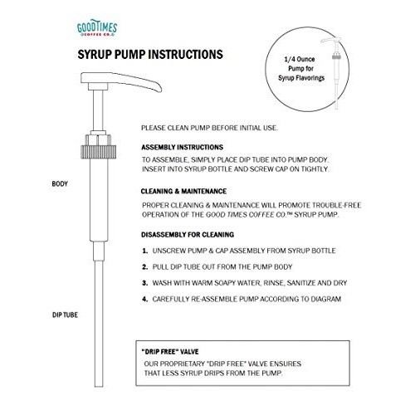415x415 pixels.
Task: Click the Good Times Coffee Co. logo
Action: click(x=97, y=28)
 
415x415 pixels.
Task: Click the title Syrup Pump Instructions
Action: click(x=150, y=54)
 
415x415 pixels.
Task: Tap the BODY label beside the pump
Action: click(x=60, y=183)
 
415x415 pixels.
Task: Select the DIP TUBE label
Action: click(x=65, y=315)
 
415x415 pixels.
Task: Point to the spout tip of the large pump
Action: click(x=159, y=89)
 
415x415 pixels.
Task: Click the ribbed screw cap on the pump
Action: click(x=98, y=152)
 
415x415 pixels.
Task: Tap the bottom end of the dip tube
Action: click(x=99, y=386)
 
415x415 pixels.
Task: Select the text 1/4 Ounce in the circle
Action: click(x=300, y=59)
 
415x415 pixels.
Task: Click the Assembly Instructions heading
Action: click(x=182, y=147)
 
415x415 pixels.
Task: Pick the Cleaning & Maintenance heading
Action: click(x=183, y=191)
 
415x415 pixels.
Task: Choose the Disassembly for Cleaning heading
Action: click(x=188, y=235)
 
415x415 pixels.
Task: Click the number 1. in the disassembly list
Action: click(x=145, y=251)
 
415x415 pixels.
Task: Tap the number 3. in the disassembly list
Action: click(x=145, y=283)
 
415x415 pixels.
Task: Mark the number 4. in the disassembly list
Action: click(x=145, y=299)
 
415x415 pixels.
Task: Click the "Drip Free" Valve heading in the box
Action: click(x=170, y=352)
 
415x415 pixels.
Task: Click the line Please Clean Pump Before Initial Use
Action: click(x=209, y=128)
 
